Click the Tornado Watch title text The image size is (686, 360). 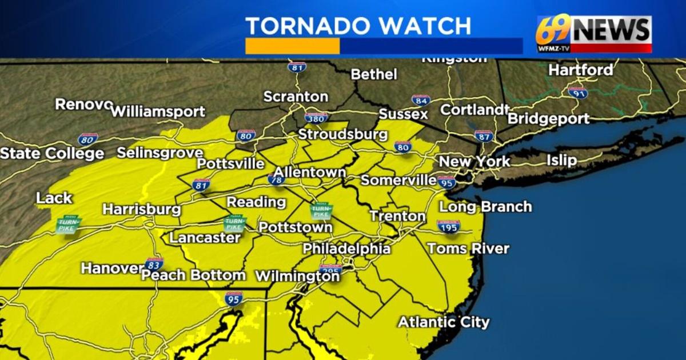(x=358, y=26)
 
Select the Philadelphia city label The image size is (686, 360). (x=346, y=249)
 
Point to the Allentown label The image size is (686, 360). (x=309, y=172)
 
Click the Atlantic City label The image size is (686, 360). (x=444, y=322)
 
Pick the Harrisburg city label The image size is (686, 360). (x=142, y=209)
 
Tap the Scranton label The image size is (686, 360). (x=296, y=97)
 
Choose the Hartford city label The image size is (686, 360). (x=581, y=70)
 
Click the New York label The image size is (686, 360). (x=474, y=162)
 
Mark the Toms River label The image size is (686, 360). (x=468, y=249)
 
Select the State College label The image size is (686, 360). (x=52, y=153)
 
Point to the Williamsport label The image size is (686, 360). (x=157, y=111)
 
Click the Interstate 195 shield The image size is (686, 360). (x=449, y=226)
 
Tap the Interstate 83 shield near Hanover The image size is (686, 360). (x=154, y=263)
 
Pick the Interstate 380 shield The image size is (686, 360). (x=316, y=118)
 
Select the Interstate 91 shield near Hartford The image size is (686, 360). (x=577, y=92)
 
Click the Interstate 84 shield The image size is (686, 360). (x=420, y=101)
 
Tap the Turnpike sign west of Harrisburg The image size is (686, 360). (x=68, y=223)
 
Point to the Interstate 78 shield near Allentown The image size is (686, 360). (x=277, y=179)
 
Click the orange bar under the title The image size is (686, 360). (x=292, y=46)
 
